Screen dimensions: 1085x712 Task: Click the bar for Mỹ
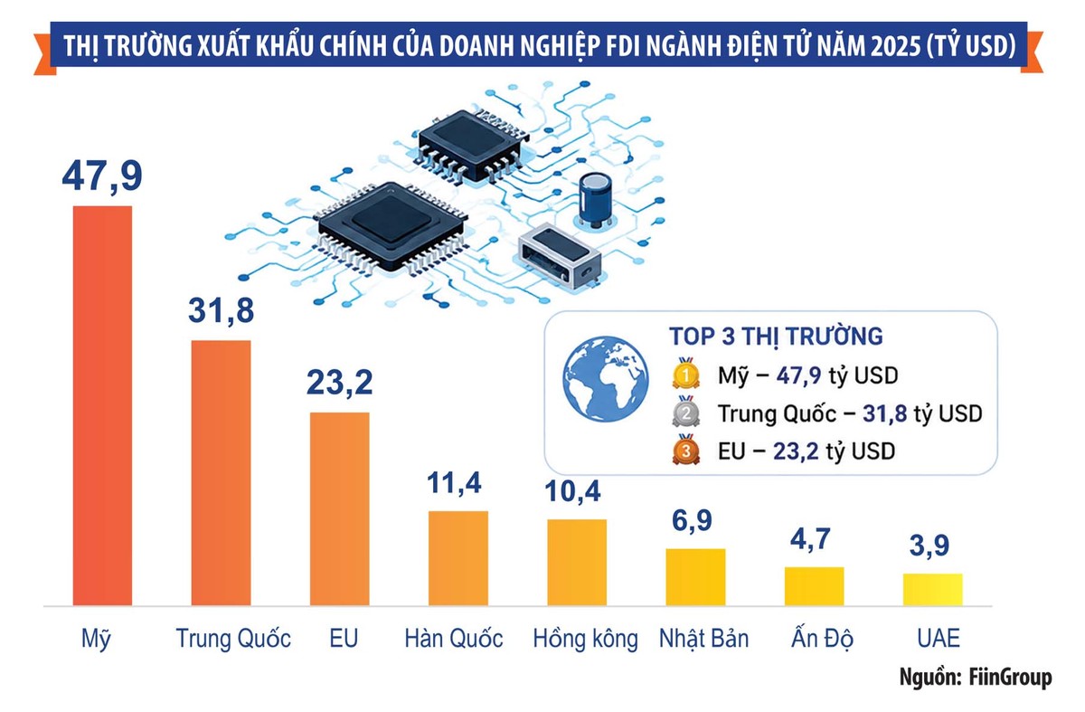click(x=102, y=405)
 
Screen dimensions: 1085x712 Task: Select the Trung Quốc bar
click(x=221, y=473)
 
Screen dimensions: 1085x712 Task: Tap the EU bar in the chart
click(x=340, y=509)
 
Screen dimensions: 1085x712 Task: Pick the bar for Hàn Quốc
click(x=458, y=558)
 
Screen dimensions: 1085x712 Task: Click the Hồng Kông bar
click(x=577, y=563)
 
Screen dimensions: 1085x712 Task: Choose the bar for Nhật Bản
click(x=695, y=577)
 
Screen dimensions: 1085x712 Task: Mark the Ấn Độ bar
click(x=815, y=586)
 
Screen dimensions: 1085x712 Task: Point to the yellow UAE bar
click(x=933, y=590)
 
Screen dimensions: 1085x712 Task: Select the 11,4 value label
click(x=454, y=483)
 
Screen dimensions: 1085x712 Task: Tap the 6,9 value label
click(x=692, y=521)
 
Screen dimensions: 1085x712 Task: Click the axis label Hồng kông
click(x=585, y=639)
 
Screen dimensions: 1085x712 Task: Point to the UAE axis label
click(x=939, y=639)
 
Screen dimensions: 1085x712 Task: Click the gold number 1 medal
click(x=686, y=374)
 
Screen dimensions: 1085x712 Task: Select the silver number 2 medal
click(x=686, y=412)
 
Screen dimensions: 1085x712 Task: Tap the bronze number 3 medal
click(x=686, y=451)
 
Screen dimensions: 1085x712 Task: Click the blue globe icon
click(x=606, y=378)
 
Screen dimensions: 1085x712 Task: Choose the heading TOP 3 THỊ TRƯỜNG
click(x=776, y=337)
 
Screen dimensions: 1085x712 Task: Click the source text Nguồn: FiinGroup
click(x=976, y=677)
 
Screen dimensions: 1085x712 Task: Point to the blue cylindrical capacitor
click(x=595, y=199)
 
